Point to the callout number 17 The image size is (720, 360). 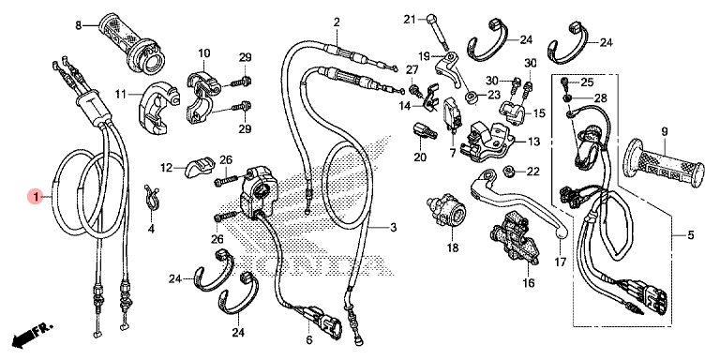[561, 262]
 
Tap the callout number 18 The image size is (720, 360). [452, 248]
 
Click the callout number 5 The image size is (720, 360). [691, 236]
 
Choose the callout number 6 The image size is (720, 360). [308, 340]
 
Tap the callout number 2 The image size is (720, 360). [337, 22]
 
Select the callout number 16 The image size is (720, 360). [528, 283]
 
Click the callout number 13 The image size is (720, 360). [533, 142]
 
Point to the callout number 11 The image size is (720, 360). [120, 95]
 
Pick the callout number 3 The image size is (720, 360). [393, 227]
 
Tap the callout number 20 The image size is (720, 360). [420, 157]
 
